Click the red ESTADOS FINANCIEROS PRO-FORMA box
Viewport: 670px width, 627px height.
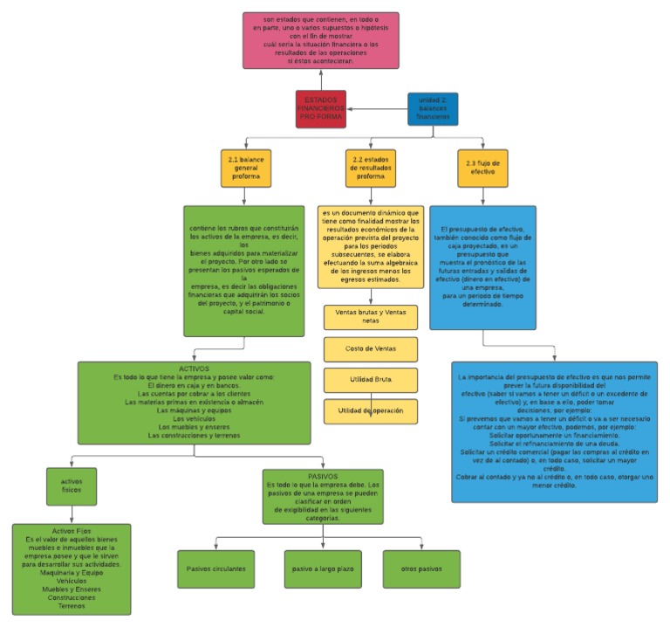(x=320, y=108)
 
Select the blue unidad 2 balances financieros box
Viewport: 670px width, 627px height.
(x=433, y=109)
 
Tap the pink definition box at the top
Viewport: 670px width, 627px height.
(x=320, y=40)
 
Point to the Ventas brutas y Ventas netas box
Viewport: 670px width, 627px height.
(x=371, y=316)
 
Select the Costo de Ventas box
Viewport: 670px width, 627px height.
(x=371, y=348)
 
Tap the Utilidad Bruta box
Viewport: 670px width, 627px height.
(x=371, y=380)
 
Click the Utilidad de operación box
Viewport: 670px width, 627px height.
(x=371, y=410)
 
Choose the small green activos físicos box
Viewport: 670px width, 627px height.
(x=72, y=486)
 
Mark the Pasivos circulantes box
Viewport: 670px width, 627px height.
(x=215, y=568)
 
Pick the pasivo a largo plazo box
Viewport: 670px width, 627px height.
(x=322, y=568)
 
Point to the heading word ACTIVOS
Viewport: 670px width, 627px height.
(x=194, y=369)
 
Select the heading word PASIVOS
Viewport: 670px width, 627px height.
(x=322, y=476)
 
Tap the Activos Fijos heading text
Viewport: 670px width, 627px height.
(x=72, y=531)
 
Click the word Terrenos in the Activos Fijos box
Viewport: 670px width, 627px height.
(x=72, y=605)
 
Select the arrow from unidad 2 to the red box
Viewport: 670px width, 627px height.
(x=377, y=109)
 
